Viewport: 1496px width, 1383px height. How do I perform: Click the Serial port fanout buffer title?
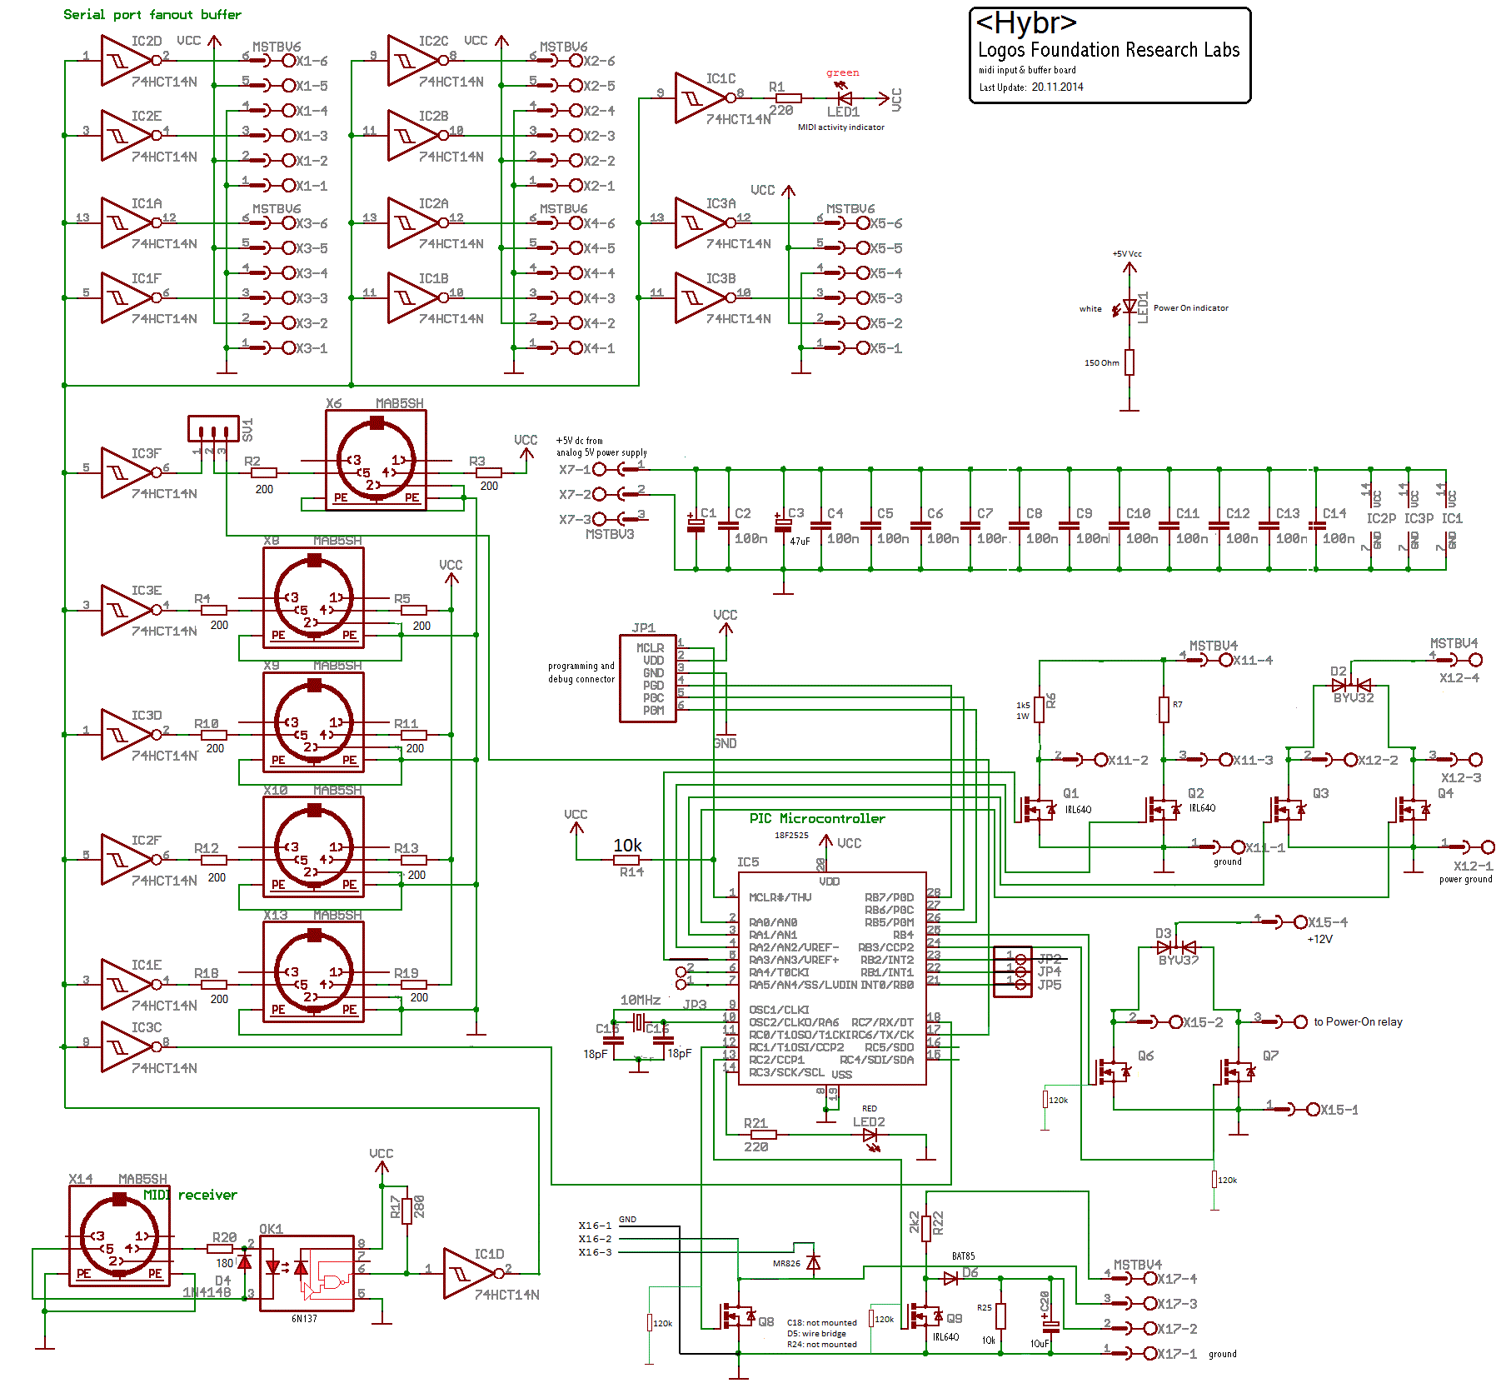[x=152, y=14]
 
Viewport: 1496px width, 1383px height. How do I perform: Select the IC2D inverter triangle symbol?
[x=123, y=60]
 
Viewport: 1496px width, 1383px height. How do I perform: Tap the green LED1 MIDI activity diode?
[x=844, y=97]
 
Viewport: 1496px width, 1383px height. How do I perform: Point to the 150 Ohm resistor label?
[x=1101, y=362]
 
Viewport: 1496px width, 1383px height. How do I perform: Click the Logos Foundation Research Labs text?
[x=1108, y=50]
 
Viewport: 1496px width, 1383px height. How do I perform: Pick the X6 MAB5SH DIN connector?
[x=376, y=460]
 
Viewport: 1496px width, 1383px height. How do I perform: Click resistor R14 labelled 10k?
[x=626, y=859]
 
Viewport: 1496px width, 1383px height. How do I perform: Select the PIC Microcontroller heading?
[x=816, y=818]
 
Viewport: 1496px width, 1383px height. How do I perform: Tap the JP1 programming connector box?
[x=648, y=678]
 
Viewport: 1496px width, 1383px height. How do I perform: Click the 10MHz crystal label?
[x=640, y=1000]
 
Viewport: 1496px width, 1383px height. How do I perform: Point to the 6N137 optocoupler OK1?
[x=307, y=1272]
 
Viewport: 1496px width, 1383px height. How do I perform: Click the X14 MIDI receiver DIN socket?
[x=119, y=1236]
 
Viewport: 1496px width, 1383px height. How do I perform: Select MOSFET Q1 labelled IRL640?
[x=1038, y=808]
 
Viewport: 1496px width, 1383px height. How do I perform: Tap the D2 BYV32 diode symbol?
[x=1351, y=685]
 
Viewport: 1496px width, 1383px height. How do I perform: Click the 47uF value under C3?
[x=800, y=541]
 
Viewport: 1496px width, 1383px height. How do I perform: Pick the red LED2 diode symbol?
[x=870, y=1135]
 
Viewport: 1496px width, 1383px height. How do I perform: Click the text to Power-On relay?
[x=1358, y=1021]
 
